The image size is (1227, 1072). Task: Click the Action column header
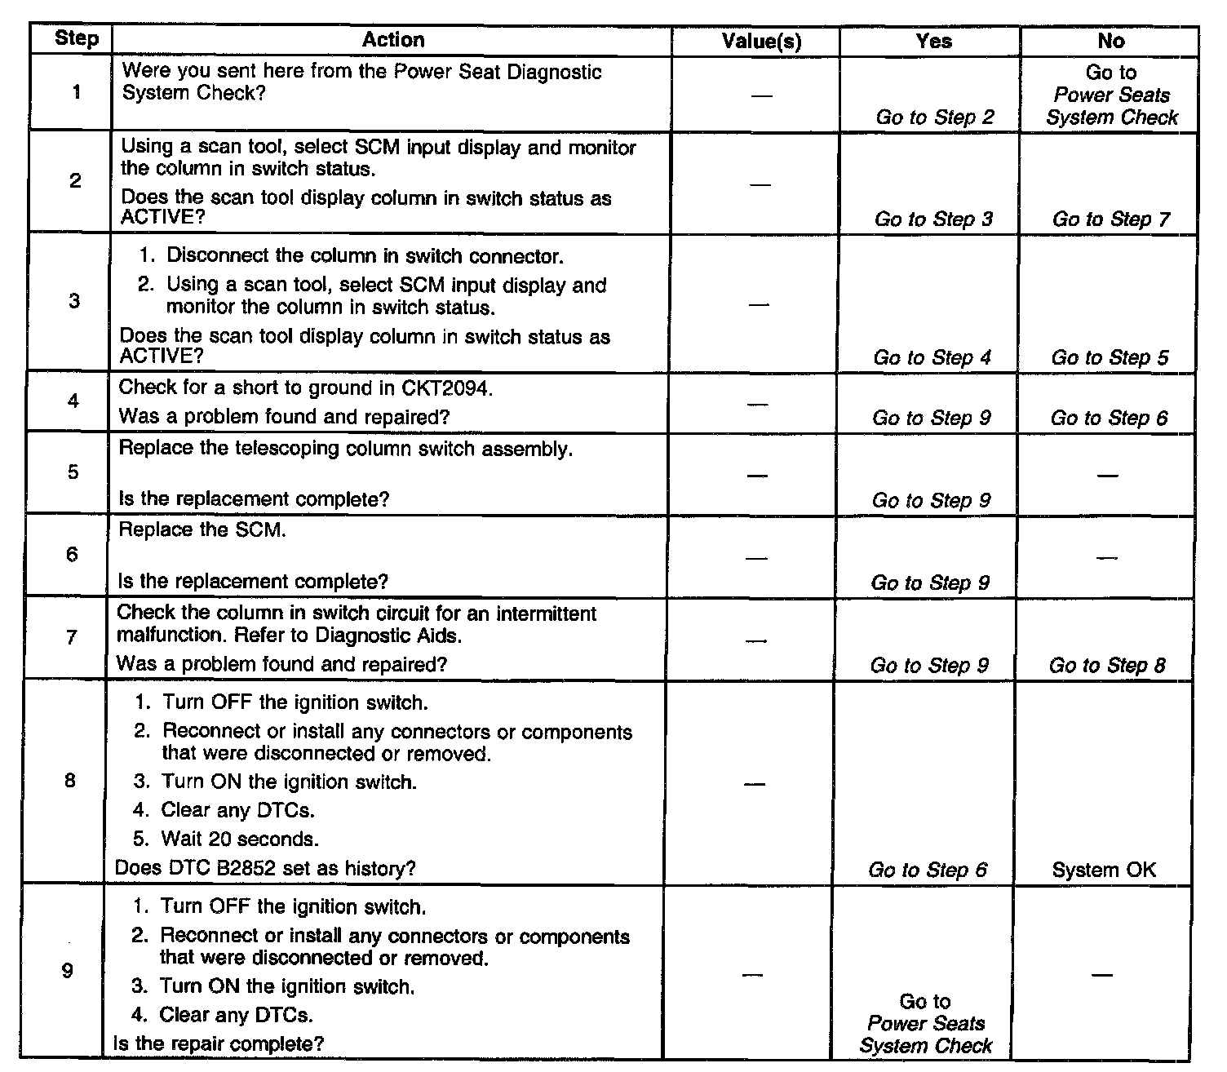click(x=392, y=40)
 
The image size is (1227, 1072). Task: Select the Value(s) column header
click(x=761, y=41)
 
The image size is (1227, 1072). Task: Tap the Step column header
click(x=76, y=39)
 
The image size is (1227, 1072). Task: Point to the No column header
click(x=1111, y=41)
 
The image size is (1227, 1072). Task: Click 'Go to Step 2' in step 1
click(x=935, y=117)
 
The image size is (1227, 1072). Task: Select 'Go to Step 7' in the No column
click(x=1110, y=219)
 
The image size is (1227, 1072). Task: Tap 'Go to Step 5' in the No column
click(x=1110, y=357)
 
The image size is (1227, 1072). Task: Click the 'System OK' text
click(x=1104, y=870)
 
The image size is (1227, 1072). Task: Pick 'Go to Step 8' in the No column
click(x=1107, y=666)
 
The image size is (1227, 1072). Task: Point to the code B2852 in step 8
click(x=248, y=869)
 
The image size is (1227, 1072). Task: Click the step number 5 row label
click(x=73, y=472)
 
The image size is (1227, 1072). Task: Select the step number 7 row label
click(x=72, y=637)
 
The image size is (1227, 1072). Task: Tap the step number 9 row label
click(x=68, y=971)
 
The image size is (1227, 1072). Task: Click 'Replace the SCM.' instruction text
click(x=202, y=529)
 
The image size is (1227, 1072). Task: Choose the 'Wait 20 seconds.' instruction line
click(x=240, y=839)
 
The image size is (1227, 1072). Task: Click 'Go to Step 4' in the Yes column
click(x=932, y=357)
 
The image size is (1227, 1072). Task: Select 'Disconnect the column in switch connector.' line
click(x=365, y=256)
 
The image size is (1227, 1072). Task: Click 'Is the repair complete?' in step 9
click(x=219, y=1043)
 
